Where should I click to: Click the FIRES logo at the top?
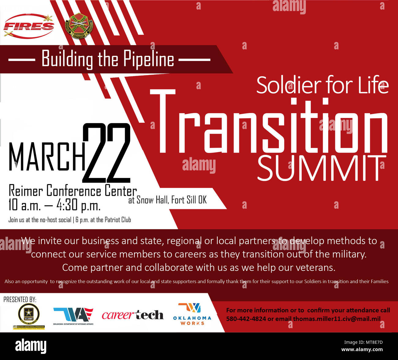pos(29,26)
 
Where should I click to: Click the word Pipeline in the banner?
pos(149,59)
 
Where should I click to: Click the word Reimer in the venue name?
pos(26,191)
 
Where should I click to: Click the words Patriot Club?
pos(118,220)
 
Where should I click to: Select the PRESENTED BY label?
pos(20,299)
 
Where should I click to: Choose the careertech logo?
pos(133,315)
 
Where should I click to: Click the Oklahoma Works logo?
pos(192,314)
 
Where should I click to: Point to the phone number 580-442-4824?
pos(246,319)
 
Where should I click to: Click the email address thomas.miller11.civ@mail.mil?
pos(337,319)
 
